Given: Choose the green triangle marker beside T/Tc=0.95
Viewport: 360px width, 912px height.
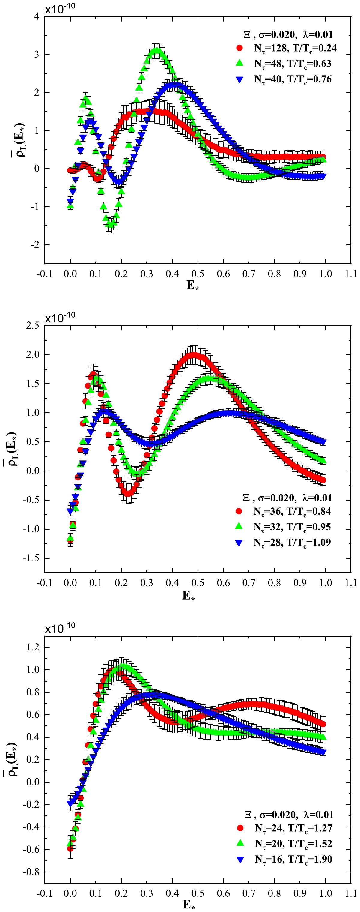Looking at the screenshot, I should coord(239,526).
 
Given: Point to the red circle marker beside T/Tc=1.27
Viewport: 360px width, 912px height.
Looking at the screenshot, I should coord(240,828).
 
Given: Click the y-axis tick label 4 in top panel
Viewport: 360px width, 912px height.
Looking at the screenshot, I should coord(37,16).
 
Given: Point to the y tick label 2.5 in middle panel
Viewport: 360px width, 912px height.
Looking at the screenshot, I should coord(33,325).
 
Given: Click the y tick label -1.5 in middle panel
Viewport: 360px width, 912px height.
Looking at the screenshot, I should coord(31,558).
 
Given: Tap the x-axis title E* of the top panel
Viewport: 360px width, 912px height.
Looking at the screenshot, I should coord(192,285).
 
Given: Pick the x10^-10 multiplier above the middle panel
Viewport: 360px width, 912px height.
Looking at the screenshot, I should coord(60,317).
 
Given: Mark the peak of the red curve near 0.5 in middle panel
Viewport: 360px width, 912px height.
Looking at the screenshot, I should coord(194,354).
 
